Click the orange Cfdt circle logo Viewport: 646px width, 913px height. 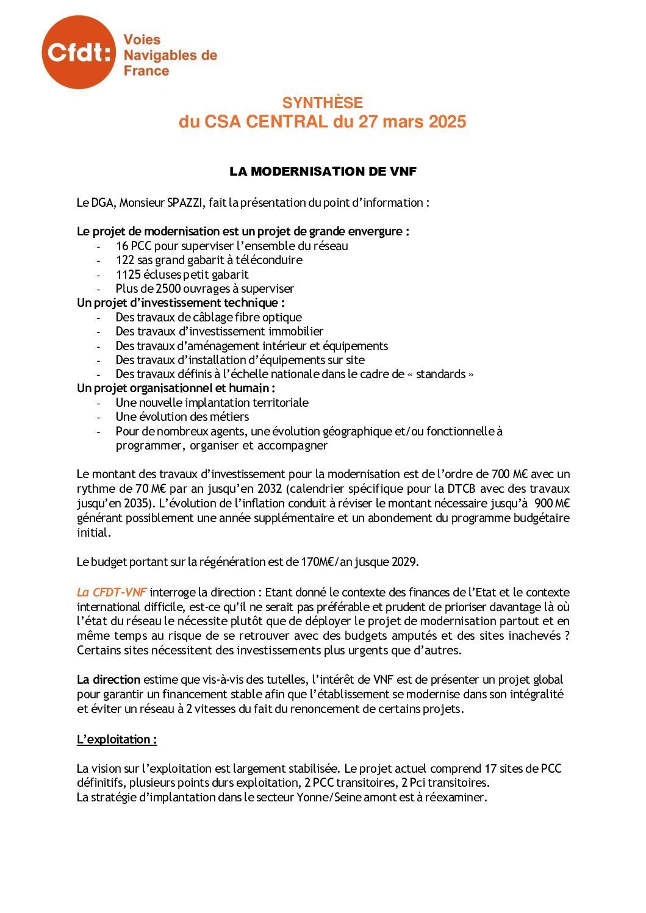(x=78, y=52)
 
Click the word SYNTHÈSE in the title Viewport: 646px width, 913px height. (x=322, y=102)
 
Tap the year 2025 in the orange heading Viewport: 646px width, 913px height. (x=447, y=121)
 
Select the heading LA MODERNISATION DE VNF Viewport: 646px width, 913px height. (x=323, y=171)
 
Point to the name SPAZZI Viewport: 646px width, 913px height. (x=185, y=202)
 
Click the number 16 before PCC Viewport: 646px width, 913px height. (x=121, y=246)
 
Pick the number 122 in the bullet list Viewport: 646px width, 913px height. (x=124, y=260)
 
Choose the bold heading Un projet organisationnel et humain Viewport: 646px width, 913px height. (x=176, y=388)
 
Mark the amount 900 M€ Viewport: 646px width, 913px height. (x=551, y=503)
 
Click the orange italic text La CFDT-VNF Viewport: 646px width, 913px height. (x=112, y=592)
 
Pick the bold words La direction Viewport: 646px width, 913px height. (x=109, y=679)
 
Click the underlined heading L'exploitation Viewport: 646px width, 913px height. (x=117, y=739)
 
